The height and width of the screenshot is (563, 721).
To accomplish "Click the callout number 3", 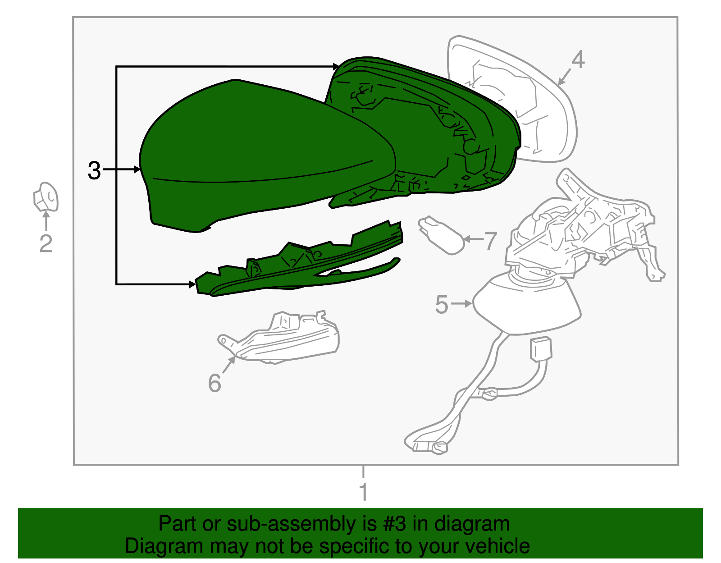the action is [x=94, y=170].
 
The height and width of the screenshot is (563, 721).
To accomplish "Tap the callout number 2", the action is [x=46, y=243].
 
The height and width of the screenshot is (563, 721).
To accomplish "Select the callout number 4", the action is [x=578, y=60].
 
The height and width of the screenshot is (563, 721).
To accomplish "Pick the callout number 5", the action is [x=441, y=304].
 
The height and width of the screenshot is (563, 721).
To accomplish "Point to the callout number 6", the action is [x=214, y=383].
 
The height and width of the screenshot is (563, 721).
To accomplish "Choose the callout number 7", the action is [x=490, y=241].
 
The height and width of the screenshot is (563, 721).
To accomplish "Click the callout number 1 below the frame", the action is [x=364, y=491].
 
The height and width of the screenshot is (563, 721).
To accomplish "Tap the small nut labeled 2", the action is [x=46, y=197].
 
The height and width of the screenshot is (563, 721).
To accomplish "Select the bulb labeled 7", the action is [x=442, y=235].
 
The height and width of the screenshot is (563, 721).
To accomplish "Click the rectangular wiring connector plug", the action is [x=541, y=349].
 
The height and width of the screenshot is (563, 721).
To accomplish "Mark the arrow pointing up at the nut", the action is [x=46, y=221].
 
